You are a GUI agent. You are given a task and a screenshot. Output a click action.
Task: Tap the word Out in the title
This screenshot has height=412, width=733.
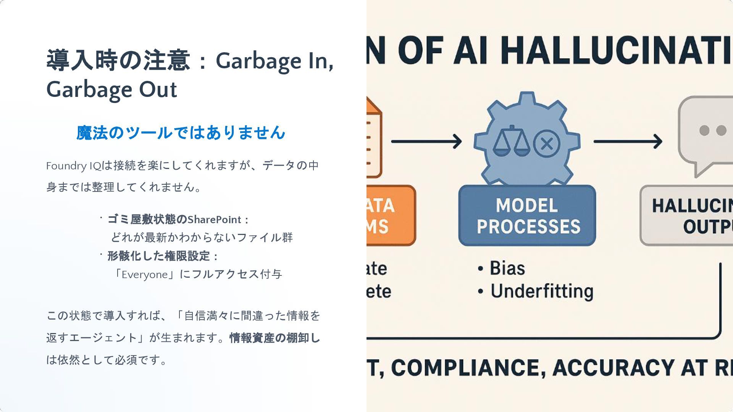(x=158, y=90)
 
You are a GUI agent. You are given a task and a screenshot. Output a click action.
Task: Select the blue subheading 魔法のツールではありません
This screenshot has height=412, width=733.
(x=181, y=133)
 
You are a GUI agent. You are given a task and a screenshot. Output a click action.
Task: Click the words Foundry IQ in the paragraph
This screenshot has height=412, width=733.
(x=73, y=166)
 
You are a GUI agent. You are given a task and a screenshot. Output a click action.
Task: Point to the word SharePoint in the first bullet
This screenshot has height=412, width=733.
(x=214, y=220)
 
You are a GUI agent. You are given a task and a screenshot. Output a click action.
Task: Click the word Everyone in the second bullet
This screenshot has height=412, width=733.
(x=145, y=275)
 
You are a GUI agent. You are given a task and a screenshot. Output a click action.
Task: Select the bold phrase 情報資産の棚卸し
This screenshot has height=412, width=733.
(x=274, y=338)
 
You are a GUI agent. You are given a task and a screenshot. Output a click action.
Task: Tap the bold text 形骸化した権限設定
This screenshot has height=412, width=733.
(x=158, y=256)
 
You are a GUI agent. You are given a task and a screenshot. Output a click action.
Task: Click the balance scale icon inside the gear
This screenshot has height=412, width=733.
(x=511, y=141)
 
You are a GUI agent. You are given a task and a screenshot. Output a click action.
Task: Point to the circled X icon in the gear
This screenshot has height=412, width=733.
(x=547, y=144)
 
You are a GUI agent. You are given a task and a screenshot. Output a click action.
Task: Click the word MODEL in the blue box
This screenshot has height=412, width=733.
(x=527, y=206)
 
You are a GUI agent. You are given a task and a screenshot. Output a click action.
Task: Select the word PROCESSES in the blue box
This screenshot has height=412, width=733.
(x=528, y=227)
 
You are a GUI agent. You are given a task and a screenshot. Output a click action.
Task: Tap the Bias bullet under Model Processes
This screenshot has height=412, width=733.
(x=507, y=268)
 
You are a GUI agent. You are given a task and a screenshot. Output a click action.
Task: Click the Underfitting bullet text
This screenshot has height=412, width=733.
(x=542, y=291)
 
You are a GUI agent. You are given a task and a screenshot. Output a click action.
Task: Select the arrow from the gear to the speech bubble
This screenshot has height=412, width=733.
(x=628, y=142)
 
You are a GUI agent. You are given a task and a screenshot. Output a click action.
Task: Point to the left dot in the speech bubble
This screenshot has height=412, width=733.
(x=704, y=130)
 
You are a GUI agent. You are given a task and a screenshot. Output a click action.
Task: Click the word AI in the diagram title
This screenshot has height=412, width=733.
(x=470, y=50)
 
